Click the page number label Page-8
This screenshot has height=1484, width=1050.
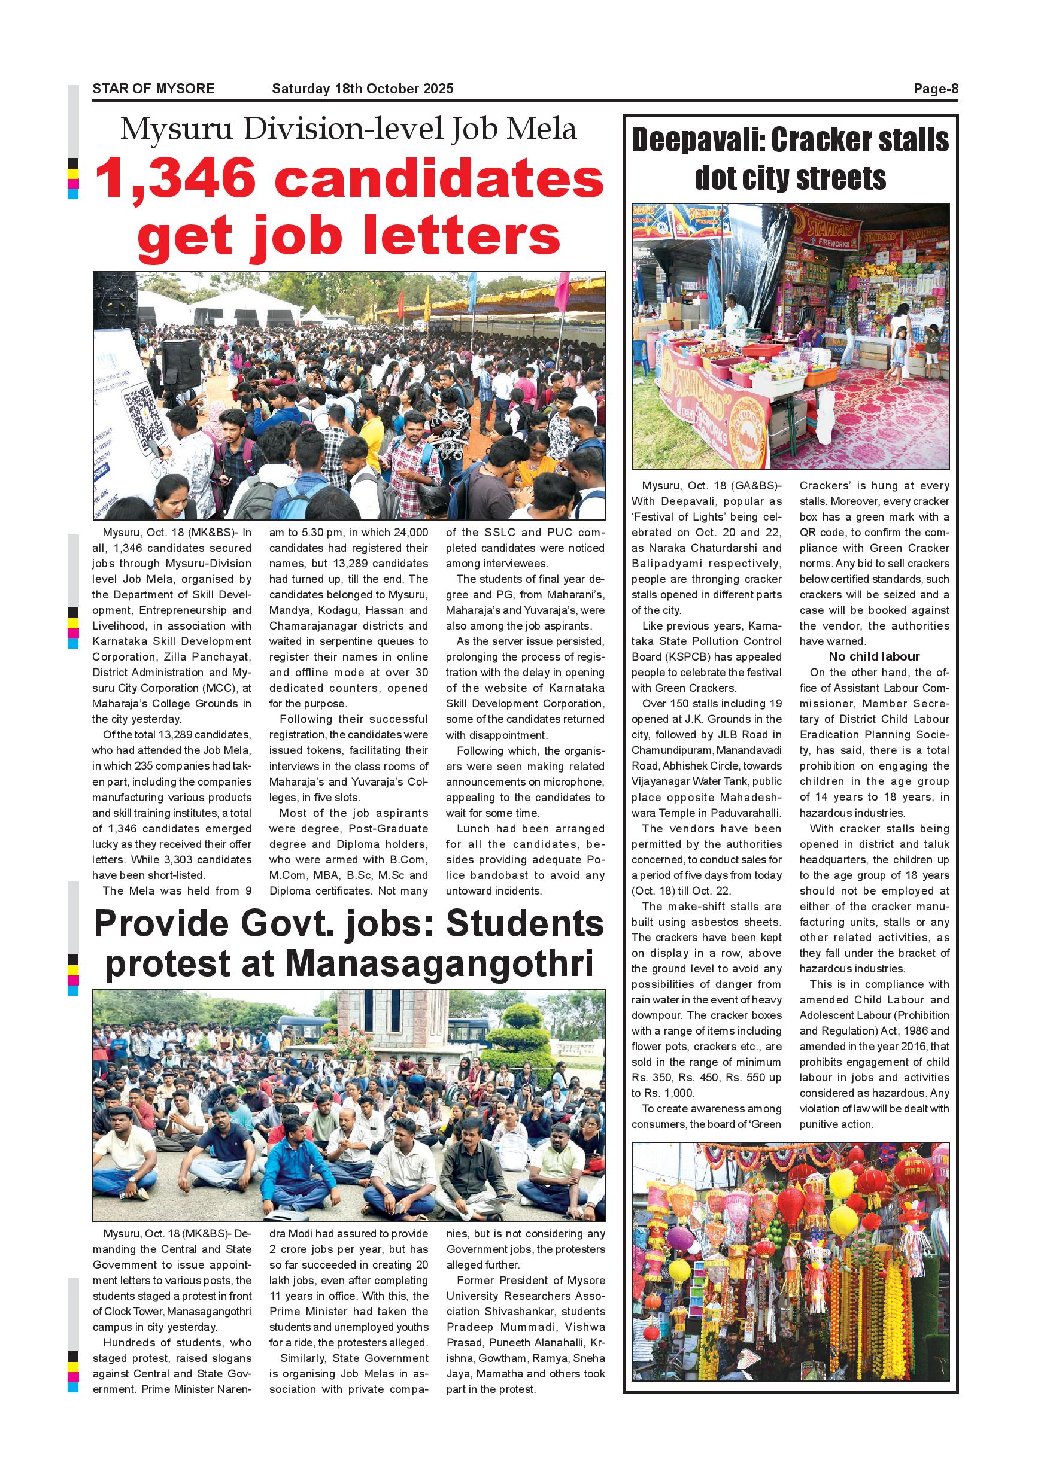pyautogui.click(x=935, y=89)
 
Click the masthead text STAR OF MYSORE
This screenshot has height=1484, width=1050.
pyautogui.click(x=153, y=89)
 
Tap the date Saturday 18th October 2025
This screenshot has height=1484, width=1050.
pyautogui.click(x=362, y=89)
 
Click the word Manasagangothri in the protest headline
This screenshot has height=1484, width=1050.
pyautogui.click(x=438, y=963)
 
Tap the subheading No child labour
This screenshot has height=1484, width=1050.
pyautogui.click(x=874, y=656)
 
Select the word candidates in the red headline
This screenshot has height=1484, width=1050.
pyautogui.click(x=439, y=179)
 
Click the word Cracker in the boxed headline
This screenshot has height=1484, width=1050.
pyautogui.click(x=815, y=140)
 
